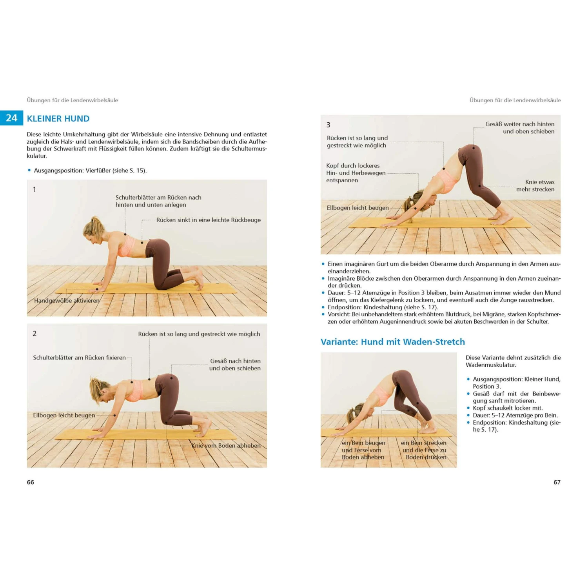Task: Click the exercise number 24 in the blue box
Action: (x=12, y=118)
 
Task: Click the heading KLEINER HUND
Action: (x=58, y=119)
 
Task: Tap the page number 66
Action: (x=30, y=482)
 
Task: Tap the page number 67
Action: (x=557, y=482)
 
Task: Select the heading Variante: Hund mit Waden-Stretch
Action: (x=392, y=342)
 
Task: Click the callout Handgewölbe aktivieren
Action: (x=67, y=301)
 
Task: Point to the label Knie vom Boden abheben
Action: (x=226, y=445)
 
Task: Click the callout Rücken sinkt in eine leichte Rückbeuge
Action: (x=208, y=220)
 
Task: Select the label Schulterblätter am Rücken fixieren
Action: (x=79, y=358)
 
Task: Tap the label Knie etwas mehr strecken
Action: (x=535, y=185)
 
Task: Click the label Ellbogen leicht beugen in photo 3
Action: (x=358, y=208)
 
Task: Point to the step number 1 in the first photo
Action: (x=34, y=190)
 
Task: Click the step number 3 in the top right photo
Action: (x=328, y=125)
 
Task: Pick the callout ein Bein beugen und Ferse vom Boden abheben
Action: (x=363, y=450)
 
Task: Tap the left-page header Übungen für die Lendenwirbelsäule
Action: (x=72, y=100)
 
